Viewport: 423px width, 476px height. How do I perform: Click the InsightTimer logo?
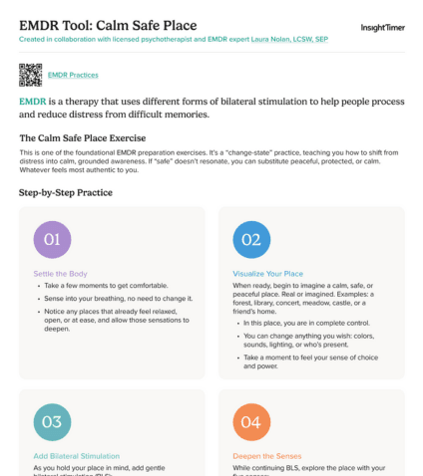tap(382, 28)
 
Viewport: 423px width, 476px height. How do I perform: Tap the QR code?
tap(31, 75)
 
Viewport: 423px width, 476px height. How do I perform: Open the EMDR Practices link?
tap(73, 75)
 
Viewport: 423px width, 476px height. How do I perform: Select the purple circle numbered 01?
tap(52, 239)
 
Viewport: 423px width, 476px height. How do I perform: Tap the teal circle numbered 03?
tap(52, 421)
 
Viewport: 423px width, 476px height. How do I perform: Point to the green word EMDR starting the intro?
tap(33, 101)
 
